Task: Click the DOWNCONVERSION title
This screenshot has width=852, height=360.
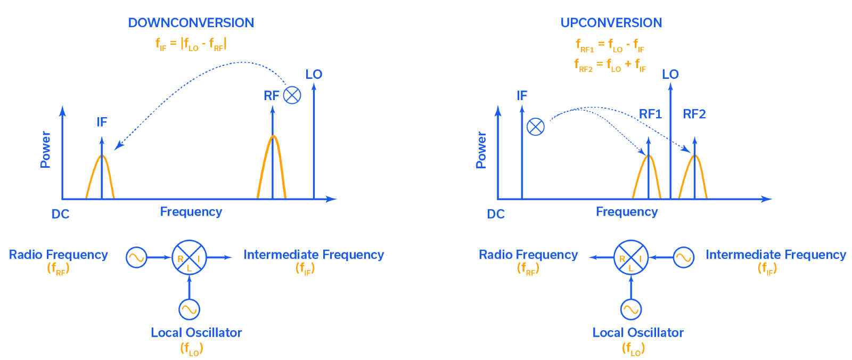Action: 191,23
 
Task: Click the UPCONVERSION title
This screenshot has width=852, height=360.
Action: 611,23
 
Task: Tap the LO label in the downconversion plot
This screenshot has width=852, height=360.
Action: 314,74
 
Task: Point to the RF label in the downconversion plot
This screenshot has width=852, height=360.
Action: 272,95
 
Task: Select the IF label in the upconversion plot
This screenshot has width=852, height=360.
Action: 522,95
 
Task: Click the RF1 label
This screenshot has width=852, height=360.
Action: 650,114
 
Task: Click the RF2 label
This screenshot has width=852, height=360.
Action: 694,114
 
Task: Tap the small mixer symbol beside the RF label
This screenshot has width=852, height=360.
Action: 292,95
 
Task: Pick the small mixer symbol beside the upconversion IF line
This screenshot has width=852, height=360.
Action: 536,127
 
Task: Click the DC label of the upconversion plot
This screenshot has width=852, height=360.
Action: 496,214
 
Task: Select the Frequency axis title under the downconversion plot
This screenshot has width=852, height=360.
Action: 191,211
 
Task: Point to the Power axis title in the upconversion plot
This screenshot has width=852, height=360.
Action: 481,150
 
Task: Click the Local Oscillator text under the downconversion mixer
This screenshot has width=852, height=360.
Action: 196,333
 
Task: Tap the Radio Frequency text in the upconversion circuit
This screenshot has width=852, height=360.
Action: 528,255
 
